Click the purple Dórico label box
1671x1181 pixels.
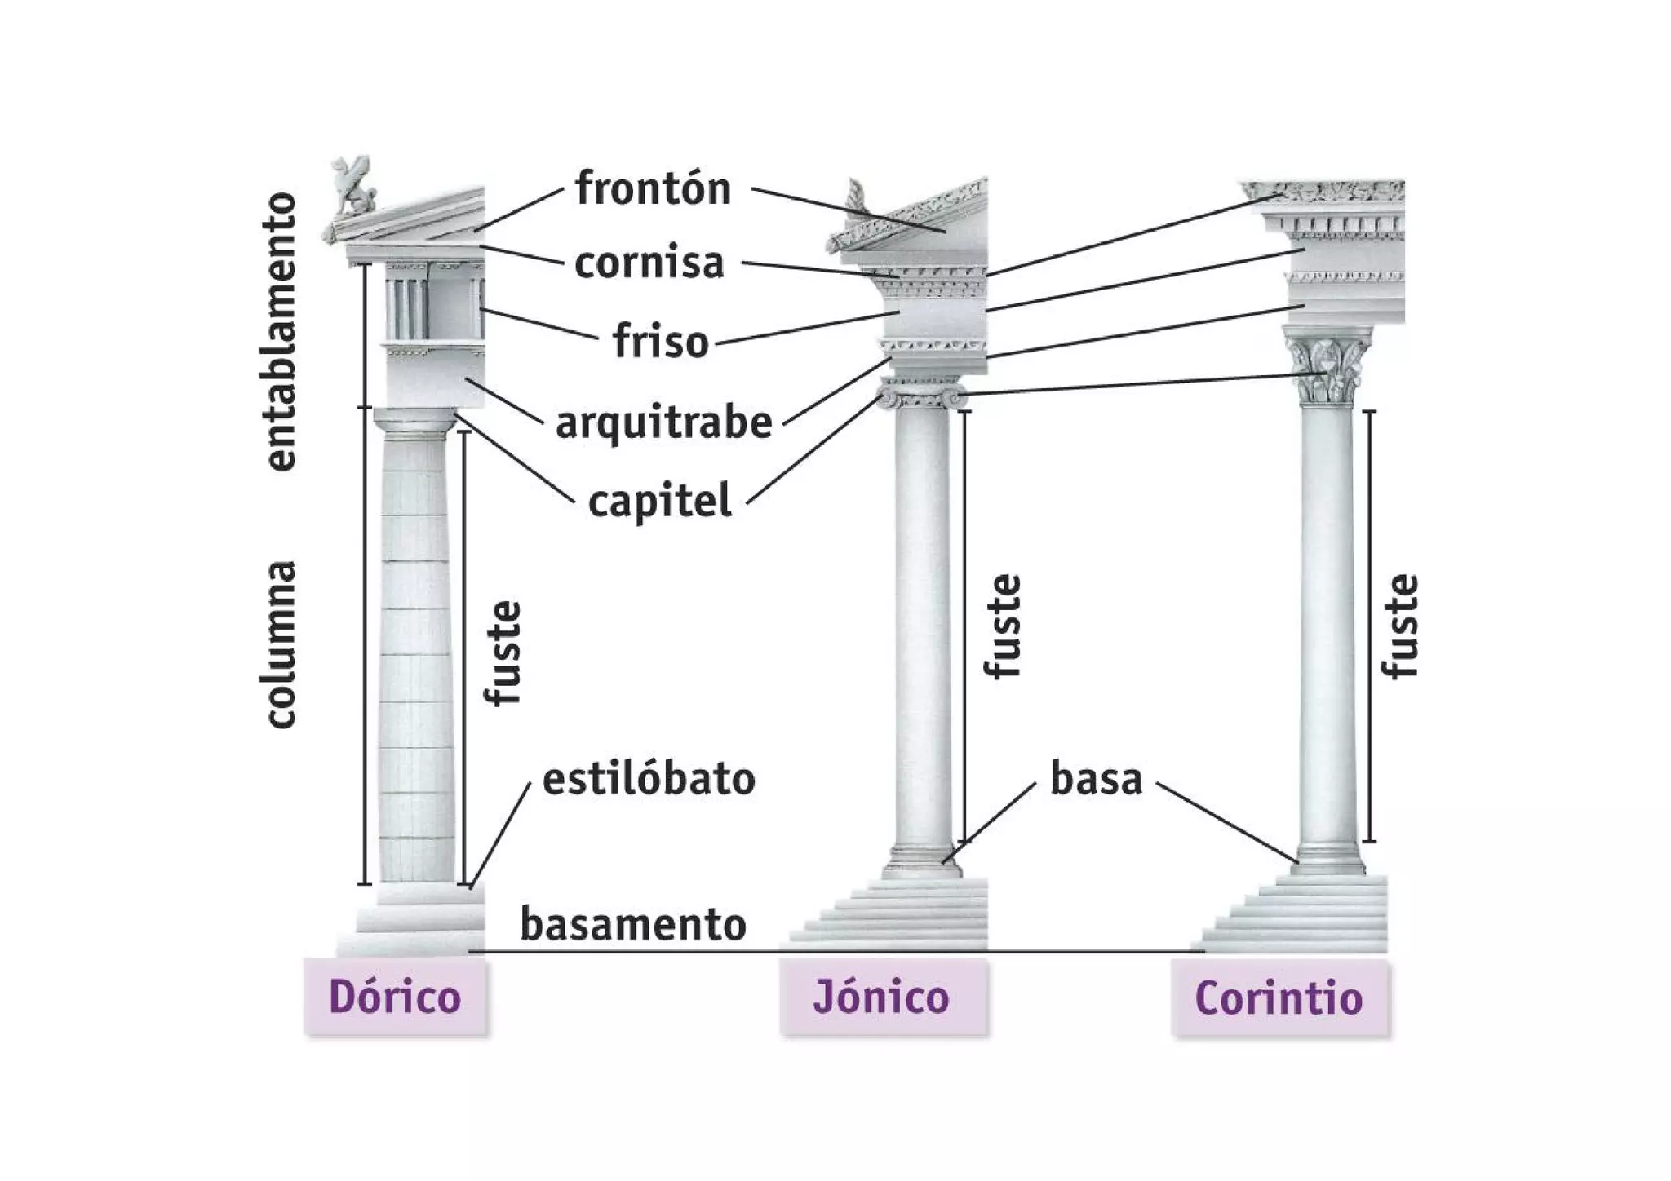tap(395, 997)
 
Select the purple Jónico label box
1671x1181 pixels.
tap(882, 997)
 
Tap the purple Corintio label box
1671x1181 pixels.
tap(1279, 997)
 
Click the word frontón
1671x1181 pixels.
tap(653, 188)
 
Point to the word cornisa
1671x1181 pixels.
tap(649, 263)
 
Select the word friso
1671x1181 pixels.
tap(661, 341)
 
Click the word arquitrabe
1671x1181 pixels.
tap(663, 422)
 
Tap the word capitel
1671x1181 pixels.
tap(659, 501)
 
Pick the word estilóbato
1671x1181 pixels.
tap(649, 779)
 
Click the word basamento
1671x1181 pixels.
tap(633, 924)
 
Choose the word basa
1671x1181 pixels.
tap(1096, 779)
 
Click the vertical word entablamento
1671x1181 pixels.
tap(281, 331)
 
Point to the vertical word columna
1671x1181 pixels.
tap(281, 644)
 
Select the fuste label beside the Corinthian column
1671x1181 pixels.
tap(1401, 626)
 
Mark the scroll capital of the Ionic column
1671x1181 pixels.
tap(922, 396)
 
